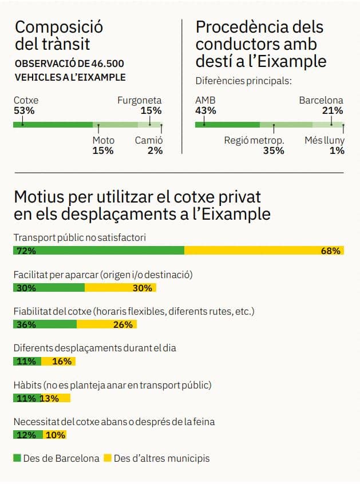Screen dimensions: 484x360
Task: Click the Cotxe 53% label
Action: click(26, 105)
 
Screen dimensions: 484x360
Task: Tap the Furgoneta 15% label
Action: click(140, 105)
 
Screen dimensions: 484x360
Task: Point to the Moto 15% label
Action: click(103, 145)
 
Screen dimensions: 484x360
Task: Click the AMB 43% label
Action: click(205, 105)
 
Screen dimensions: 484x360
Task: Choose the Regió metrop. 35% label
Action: click(254, 145)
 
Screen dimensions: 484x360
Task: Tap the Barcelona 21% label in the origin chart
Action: click(321, 105)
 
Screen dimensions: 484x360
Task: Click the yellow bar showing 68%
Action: click(264, 251)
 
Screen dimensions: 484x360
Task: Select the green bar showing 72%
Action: click(98, 251)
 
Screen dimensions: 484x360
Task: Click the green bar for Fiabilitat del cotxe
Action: click(45, 324)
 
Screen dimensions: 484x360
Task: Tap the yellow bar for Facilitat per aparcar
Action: click(120, 288)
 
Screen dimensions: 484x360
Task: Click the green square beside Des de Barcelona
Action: click(17, 458)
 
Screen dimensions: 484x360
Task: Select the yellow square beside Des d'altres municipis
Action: click(108, 458)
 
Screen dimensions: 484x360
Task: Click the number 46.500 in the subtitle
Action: click(106, 64)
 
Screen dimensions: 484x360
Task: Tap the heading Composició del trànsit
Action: click(58, 34)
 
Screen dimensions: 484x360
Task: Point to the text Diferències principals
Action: click(243, 81)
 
